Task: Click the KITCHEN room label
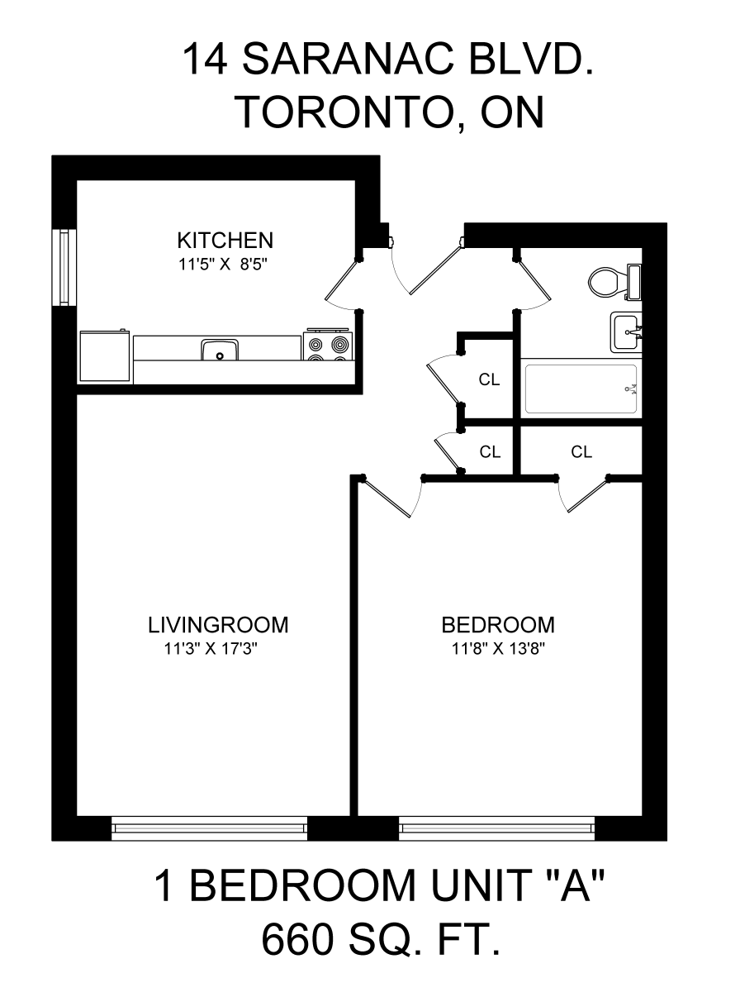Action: click(x=225, y=241)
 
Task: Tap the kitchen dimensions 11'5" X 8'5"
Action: click(x=223, y=265)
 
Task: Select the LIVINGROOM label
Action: click(x=218, y=625)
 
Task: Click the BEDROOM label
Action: click(x=498, y=625)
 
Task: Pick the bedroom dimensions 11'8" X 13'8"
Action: click(x=498, y=649)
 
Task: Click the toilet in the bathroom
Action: click(x=614, y=282)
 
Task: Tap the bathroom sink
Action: click(x=626, y=333)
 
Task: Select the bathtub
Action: click(x=581, y=389)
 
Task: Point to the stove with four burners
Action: click(x=328, y=346)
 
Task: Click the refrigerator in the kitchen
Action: click(x=104, y=355)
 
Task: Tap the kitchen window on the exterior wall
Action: click(x=64, y=268)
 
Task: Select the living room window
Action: click(x=209, y=828)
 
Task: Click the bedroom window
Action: click(x=496, y=828)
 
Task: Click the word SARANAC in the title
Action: click(x=348, y=60)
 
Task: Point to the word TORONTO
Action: click(x=345, y=112)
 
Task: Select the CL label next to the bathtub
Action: click(x=489, y=379)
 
